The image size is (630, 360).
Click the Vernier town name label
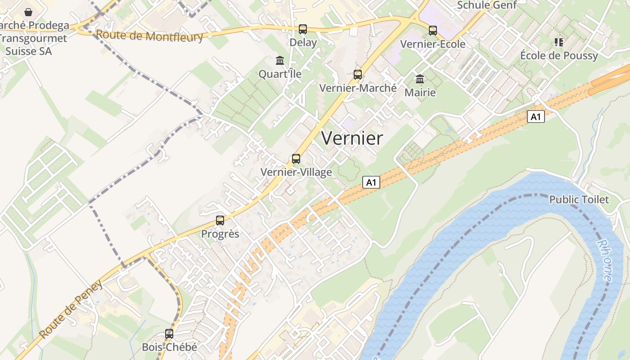[352, 138]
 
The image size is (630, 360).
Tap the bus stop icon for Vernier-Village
[296, 159]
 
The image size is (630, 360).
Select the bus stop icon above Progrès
[220, 220]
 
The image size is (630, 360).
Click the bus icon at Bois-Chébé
[169, 334]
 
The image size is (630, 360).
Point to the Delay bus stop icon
[303, 29]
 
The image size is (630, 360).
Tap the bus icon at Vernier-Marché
[358, 74]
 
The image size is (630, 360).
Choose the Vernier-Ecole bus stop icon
[432, 31]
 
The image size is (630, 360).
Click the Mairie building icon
[420, 79]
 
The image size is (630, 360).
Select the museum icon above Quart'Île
[280, 60]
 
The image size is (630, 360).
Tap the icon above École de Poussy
[559, 42]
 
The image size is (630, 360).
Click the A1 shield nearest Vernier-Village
[371, 182]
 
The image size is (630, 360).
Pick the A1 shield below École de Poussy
[535, 117]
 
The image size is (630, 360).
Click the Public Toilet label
[579, 199]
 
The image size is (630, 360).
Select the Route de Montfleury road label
[149, 36]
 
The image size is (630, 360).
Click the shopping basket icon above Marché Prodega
[28, 12]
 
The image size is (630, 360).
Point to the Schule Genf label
[487, 5]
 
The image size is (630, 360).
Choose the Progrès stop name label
[220, 234]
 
